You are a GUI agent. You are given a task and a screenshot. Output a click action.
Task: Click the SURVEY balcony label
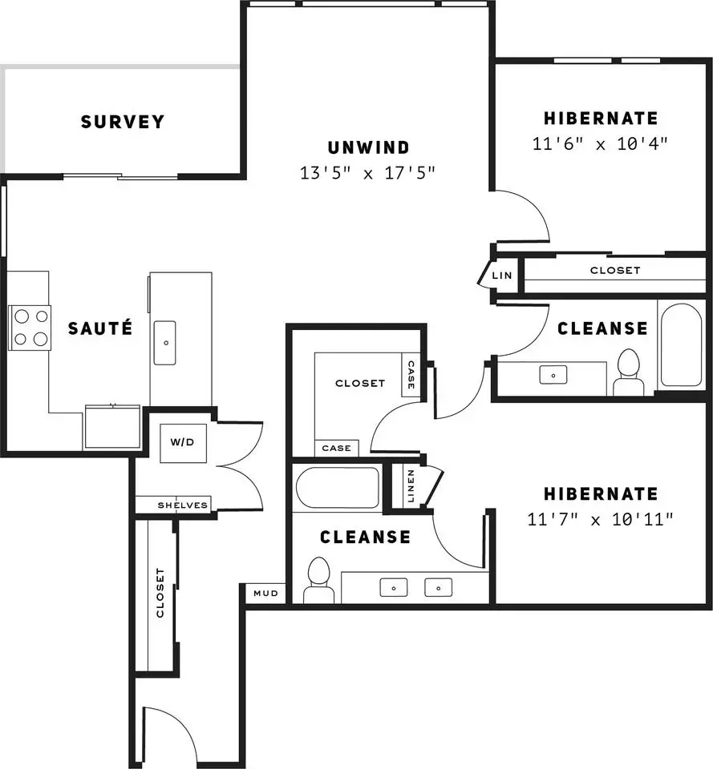(122, 122)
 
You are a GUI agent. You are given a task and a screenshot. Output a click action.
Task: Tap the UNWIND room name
(368, 147)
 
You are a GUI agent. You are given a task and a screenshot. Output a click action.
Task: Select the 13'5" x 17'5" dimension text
(368, 173)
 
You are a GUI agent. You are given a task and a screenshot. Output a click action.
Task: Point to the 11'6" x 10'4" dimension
(600, 143)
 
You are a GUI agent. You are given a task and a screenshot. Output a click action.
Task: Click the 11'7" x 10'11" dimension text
(600, 519)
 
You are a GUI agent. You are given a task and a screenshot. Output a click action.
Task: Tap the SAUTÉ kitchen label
(100, 328)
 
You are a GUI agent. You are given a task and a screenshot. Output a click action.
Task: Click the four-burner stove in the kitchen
(30, 327)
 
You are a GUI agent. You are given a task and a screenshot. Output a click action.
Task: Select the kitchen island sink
(165, 343)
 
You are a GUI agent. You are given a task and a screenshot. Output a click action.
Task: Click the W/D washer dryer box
(183, 443)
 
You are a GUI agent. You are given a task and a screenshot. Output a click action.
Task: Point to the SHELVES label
(183, 505)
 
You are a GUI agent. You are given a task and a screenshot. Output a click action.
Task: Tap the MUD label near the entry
(265, 594)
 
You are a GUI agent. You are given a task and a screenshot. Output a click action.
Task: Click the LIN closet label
(502, 276)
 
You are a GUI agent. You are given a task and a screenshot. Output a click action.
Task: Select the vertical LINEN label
(411, 486)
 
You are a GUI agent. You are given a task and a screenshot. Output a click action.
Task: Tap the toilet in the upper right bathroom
(629, 372)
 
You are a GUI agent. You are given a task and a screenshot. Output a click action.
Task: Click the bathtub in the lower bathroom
(338, 488)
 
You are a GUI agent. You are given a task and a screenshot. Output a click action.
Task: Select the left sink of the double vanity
(393, 587)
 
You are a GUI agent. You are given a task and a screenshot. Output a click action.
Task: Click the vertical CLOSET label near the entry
(160, 593)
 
